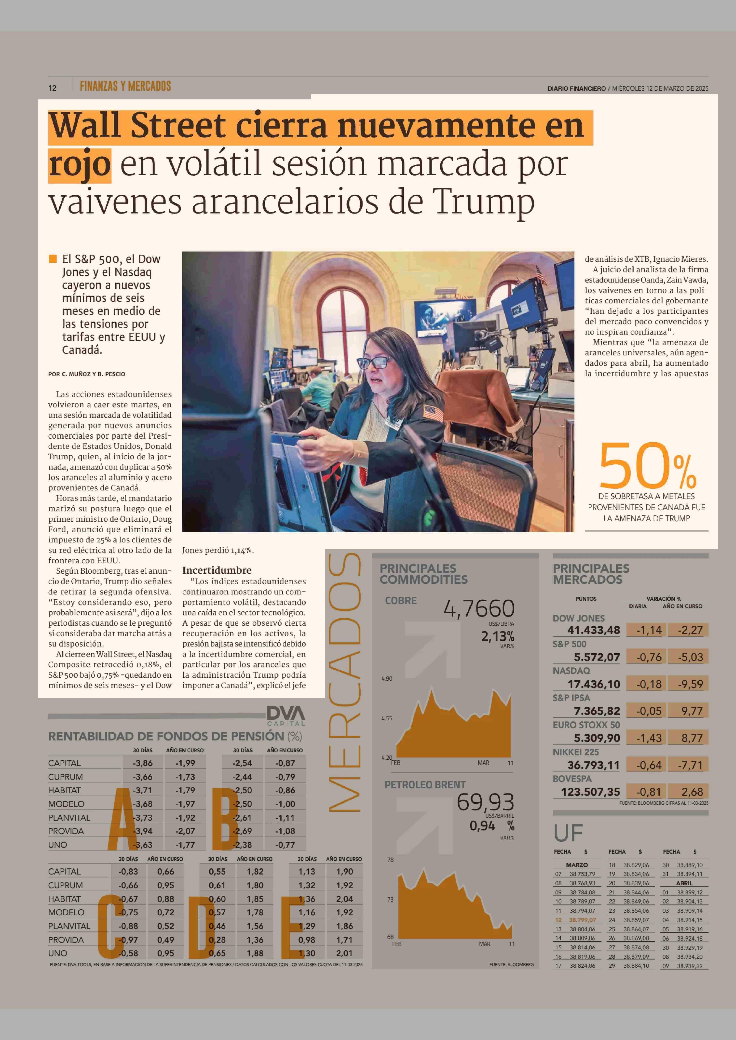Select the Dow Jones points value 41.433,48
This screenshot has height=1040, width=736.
(593, 630)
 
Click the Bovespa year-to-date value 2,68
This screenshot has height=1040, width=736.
(692, 792)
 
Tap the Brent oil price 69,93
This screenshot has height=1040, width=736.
(485, 802)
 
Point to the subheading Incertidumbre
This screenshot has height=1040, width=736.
(217, 570)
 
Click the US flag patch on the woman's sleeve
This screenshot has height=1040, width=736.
(433, 413)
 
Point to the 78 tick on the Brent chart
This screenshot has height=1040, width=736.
(390, 860)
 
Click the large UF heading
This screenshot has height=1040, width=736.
(568, 833)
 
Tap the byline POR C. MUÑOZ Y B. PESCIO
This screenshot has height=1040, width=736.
(87, 374)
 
